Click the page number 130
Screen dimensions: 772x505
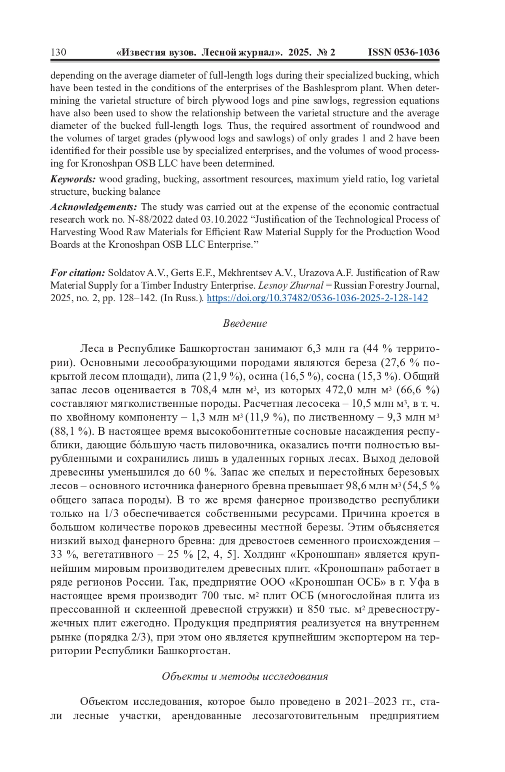coord(58,52)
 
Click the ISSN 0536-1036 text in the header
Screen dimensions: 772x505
coord(404,52)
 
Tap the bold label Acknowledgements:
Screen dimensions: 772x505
coord(93,207)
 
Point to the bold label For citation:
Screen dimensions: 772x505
coord(78,273)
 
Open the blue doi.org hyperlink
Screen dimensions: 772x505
coord(317,298)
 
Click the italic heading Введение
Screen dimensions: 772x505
coord(245,323)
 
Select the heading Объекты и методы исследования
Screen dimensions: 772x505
coord(245,676)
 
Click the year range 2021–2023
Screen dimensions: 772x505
coord(371,701)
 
